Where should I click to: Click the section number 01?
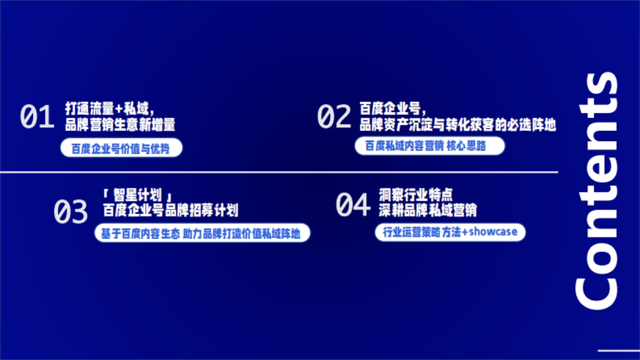coord(37,117)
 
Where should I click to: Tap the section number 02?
coord(334,117)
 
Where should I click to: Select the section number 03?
coord(70,212)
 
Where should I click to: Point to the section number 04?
coord(353,205)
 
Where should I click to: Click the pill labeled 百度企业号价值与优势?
coord(121,149)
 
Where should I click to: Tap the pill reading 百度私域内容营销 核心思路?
coord(429,146)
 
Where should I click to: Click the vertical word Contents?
coord(596,190)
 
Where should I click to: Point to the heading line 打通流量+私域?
coord(110,109)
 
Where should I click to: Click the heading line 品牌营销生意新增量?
coord(120,125)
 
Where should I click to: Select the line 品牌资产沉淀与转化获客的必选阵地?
coord(458,125)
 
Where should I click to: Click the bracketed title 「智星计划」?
coord(139,194)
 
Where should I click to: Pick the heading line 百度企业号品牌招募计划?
coord(171,210)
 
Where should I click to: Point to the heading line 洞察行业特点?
coord(416,194)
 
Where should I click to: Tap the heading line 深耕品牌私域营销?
coord(428,210)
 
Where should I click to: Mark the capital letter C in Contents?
coord(596,290)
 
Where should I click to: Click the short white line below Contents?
coord(619,350)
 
